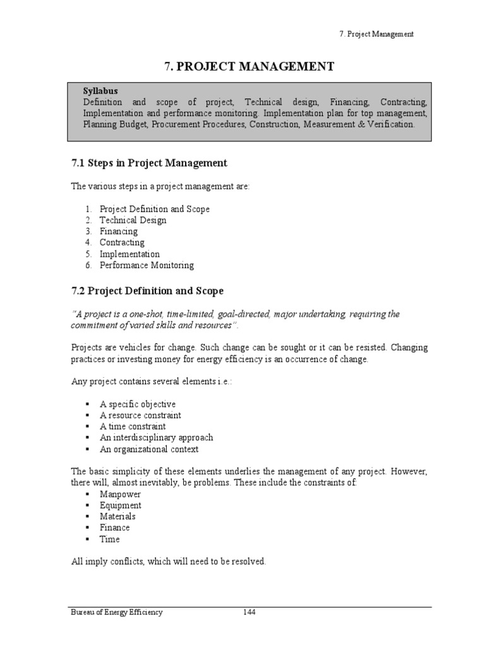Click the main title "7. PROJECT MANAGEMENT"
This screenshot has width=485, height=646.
(x=249, y=66)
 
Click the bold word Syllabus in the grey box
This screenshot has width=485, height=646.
(x=100, y=91)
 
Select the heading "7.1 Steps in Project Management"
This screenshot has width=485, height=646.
(x=148, y=163)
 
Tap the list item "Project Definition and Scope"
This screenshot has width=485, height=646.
(x=154, y=209)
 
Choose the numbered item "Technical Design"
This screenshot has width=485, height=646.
(x=133, y=220)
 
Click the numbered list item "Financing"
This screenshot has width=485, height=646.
(x=118, y=232)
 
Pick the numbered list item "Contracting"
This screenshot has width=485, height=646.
(x=122, y=243)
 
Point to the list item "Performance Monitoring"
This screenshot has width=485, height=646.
(x=147, y=266)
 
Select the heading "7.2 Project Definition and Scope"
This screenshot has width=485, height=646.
(x=147, y=291)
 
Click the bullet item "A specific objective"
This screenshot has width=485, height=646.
(x=137, y=404)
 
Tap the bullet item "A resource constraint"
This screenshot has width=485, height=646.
(x=140, y=416)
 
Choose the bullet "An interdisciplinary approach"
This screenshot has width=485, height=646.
(x=156, y=438)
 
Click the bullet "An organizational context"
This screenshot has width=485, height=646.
(x=148, y=449)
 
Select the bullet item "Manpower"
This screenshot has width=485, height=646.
(x=120, y=495)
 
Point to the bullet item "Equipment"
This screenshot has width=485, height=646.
(x=120, y=506)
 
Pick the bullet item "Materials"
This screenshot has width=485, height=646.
(x=117, y=517)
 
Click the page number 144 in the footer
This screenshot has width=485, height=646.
(x=249, y=613)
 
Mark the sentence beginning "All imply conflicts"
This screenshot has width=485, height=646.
(x=168, y=561)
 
